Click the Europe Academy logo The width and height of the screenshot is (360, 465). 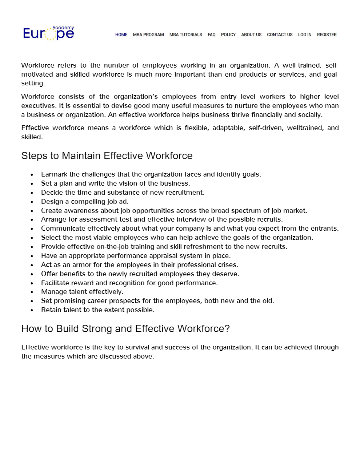click(48, 33)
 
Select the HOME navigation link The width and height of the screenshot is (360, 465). click(121, 35)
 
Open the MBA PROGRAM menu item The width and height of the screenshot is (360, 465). click(148, 35)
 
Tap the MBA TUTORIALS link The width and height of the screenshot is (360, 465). click(186, 35)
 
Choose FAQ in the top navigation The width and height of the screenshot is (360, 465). click(212, 35)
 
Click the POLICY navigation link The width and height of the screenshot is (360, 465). click(228, 35)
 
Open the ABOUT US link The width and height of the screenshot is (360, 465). click(251, 35)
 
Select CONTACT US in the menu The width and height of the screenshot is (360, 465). click(280, 35)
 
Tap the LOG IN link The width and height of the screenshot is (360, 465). click(305, 35)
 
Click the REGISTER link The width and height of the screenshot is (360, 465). click(327, 35)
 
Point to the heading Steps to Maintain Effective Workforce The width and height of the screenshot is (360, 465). click(107, 156)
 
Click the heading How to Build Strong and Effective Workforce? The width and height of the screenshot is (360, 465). click(125, 329)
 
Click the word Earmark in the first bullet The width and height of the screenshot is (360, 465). click(54, 174)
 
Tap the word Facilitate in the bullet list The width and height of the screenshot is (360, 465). click(55, 283)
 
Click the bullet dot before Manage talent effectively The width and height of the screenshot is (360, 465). click(32, 292)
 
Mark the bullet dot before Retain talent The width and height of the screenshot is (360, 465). click(32, 310)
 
